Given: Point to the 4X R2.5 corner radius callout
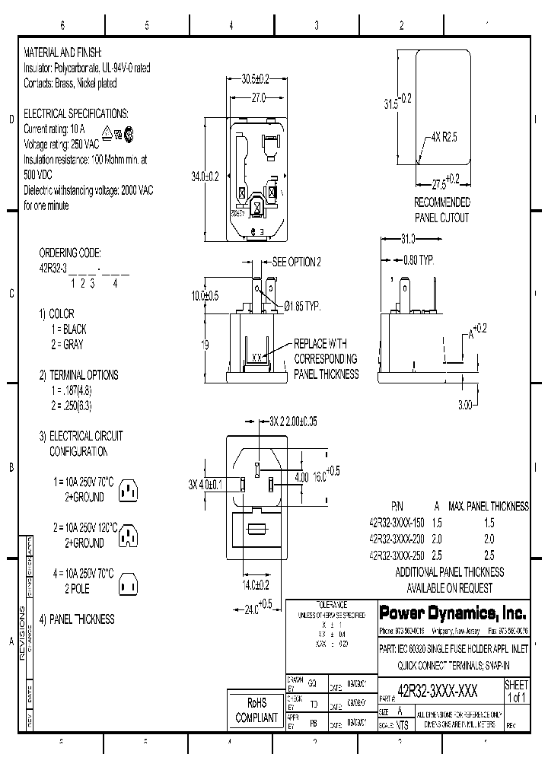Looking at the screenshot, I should pos(445,138).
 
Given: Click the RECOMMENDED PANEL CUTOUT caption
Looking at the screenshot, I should pos(441,210).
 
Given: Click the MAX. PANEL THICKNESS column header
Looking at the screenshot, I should pos(487,507).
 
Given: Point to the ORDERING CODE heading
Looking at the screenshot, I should pos(69,253).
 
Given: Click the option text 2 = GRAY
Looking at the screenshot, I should pos(67,344).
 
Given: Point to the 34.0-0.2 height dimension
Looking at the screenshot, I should pos(204,177).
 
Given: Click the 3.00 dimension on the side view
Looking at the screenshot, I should pos(466,405).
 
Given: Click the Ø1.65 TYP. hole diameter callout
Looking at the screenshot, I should pos(303,306).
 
